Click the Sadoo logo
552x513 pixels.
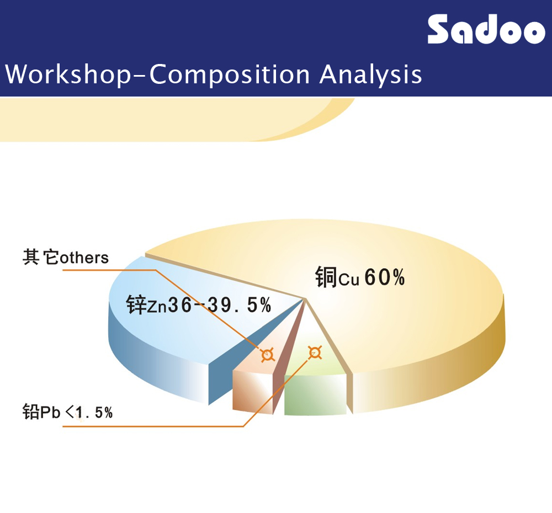coord(486,29)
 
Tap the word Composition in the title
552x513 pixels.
coord(230,74)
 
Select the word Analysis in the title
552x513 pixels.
coord(371,74)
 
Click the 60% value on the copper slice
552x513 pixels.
coord(384,277)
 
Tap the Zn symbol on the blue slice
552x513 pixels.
coord(157,307)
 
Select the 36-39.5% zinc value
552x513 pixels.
coord(220,304)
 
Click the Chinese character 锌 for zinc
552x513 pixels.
coord(136,304)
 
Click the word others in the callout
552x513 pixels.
coord(84,258)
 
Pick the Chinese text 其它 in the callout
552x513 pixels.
coord(41,257)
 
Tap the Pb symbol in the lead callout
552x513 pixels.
coord(51,413)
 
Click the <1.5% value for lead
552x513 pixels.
coord(89,413)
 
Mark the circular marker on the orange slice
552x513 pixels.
coord(268,355)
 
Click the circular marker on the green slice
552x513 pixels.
coord(315,352)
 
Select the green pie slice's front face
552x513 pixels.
coord(315,395)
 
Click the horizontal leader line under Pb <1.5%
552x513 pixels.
coord(153,426)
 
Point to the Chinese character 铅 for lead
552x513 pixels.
coord(31,412)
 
